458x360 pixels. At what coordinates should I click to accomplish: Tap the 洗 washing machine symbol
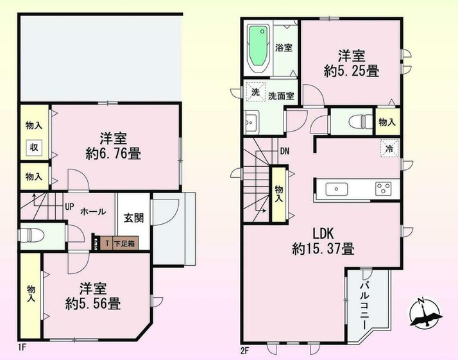pos(255,92)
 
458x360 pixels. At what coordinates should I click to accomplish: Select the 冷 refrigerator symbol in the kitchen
pos(389,148)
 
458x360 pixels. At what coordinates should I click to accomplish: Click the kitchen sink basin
pos(337,189)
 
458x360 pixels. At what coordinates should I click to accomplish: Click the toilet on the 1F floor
pos(31,236)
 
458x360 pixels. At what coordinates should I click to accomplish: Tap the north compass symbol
pos(425,313)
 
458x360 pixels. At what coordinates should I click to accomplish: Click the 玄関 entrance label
pos(133,218)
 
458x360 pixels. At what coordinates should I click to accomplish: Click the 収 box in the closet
pos(33,148)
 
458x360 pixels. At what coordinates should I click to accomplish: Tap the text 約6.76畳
pos(114,154)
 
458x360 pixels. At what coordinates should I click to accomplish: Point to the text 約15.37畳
pos(323,249)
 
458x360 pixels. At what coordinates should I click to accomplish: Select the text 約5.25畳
pos(352,71)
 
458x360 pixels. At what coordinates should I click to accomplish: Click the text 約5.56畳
pos(93,304)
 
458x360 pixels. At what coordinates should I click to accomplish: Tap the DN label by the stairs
pos(285,151)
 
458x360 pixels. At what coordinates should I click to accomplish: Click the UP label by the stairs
pos(69,207)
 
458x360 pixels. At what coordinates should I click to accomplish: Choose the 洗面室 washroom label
pos(281,96)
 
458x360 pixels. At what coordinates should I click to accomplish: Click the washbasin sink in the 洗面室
pos(251,122)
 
